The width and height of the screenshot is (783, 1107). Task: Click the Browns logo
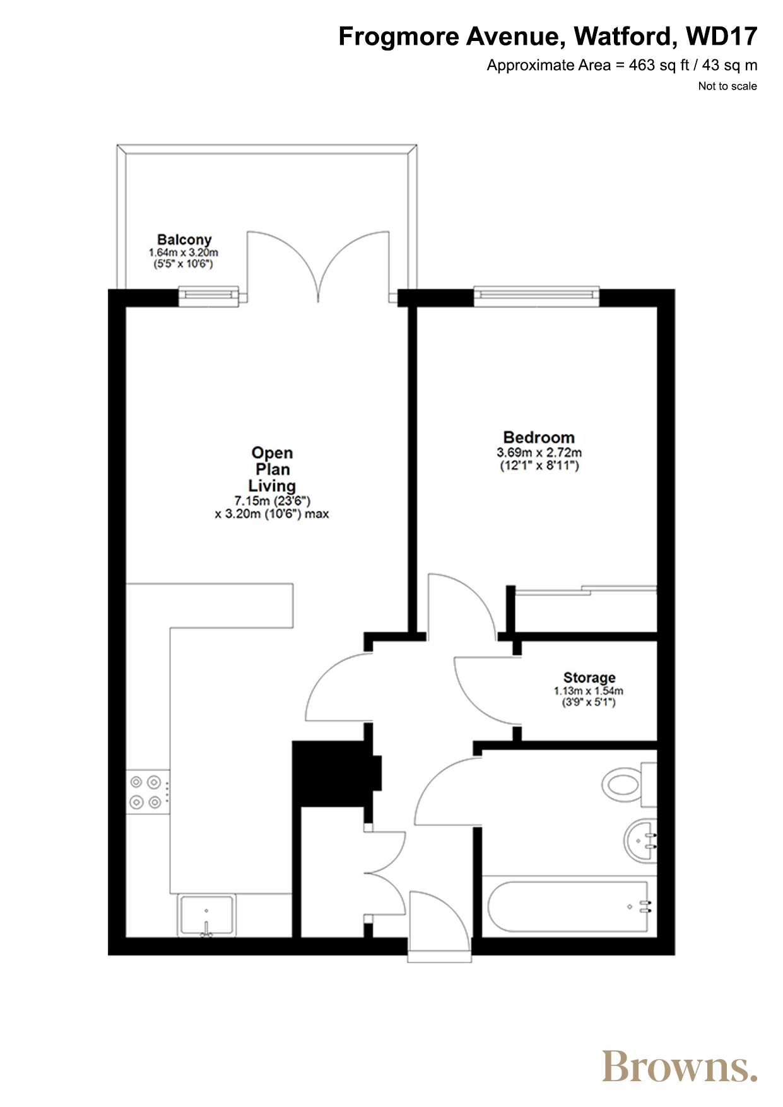pyautogui.click(x=680, y=1066)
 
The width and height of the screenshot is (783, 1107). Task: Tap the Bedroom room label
pyautogui.click(x=539, y=437)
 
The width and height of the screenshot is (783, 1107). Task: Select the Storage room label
pyautogui.click(x=589, y=677)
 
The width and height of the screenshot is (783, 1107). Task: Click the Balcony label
pyautogui.click(x=184, y=240)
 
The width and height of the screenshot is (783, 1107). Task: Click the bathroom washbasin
pyautogui.click(x=640, y=840)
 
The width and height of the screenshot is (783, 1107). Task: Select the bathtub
pyautogui.click(x=568, y=906)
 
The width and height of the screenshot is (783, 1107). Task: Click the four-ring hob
pyautogui.click(x=148, y=792)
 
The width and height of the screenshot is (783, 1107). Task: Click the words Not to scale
pyautogui.click(x=727, y=86)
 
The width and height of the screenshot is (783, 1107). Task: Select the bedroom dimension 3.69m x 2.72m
pyautogui.click(x=539, y=452)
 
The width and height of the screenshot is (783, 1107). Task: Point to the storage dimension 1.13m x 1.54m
pyautogui.click(x=589, y=691)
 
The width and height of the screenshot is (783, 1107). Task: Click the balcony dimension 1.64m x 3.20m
pyautogui.click(x=184, y=252)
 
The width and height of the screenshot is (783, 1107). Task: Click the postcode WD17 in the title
pyautogui.click(x=722, y=37)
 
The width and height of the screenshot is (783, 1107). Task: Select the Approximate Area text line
pyautogui.click(x=622, y=66)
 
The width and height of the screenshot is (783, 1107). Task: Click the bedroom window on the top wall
pyautogui.click(x=536, y=296)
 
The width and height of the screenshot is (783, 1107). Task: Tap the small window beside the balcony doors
pyautogui.click(x=209, y=296)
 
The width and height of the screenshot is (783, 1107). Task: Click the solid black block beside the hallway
pyautogui.click(x=337, y=773)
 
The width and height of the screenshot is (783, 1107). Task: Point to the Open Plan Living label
pyautogui.click(x=272, y=469)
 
